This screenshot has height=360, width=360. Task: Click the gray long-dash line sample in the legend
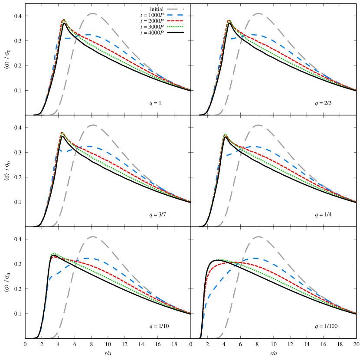[x=175, y=9]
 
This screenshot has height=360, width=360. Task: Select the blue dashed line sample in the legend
[x=175, y=15]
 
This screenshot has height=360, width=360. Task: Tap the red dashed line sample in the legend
[x=175, y=21]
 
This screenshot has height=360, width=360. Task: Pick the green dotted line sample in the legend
[x=175, y=26]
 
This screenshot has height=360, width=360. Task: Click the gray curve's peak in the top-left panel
[x=93, y=13]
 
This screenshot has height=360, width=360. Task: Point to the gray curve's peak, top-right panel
[x=259, y=13]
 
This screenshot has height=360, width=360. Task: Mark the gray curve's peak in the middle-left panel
[x=93, y=125]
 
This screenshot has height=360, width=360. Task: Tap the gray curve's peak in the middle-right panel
[x=259, y=125]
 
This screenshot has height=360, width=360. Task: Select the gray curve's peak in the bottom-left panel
[x=93, y=237]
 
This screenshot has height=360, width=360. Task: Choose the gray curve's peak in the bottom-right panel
[x=259, y=237]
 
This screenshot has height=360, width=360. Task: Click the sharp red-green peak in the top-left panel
[x=64, y=20]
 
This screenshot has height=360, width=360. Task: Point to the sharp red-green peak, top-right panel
[x=229, y=20]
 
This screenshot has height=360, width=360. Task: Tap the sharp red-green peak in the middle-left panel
[x=62, y=132]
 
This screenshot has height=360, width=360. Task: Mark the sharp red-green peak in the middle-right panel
[x=225, y=134]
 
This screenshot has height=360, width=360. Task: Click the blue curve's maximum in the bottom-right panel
[x=255, y=258]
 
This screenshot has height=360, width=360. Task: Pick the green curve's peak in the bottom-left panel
[x=53, y=253]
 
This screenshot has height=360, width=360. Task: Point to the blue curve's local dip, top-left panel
[x=65, y=39]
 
